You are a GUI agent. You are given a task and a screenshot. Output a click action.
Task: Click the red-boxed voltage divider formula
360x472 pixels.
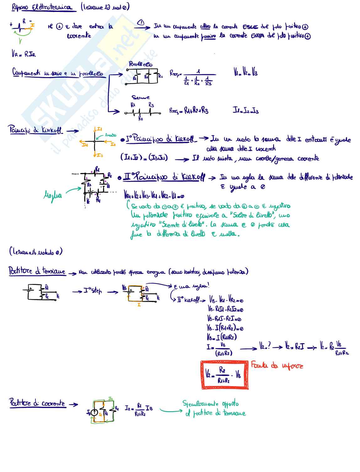tap(224, 375)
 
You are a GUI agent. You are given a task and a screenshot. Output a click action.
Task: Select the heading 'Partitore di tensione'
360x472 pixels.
tap(37, 271)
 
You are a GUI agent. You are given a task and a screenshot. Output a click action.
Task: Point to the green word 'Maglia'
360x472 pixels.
tap(52, 195)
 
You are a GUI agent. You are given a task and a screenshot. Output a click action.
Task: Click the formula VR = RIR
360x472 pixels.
tap(24, 54)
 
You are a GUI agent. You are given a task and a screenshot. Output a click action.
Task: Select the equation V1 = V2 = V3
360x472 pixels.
tap(246, 72)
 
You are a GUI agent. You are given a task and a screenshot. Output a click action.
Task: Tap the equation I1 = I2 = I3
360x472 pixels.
tap(246, 110)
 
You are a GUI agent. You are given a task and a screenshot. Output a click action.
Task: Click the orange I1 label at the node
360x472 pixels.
tap(99, 129)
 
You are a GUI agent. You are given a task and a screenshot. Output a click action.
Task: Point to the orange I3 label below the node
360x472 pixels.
tap(99, 155)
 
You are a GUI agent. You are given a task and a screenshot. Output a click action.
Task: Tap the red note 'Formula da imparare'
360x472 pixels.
tap(277, 365)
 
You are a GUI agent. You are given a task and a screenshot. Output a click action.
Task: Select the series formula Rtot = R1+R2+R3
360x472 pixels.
tap(189, 110)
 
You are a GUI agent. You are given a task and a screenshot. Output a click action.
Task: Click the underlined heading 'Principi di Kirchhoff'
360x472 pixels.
tap(35, 130)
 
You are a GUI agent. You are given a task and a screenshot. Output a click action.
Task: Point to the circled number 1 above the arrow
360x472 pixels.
tap(141, 22)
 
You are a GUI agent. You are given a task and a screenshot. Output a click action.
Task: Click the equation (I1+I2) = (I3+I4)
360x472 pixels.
tap(144, 157)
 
